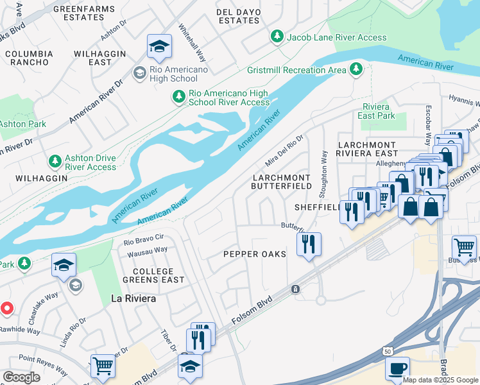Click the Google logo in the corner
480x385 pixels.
click(x=22, y=378)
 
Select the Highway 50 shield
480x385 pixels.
click(x=387, y=351)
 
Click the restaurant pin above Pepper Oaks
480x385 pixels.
click(x=309, y=243)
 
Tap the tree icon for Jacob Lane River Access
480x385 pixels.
click(x=277, y=37)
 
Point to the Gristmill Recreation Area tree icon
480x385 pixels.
click(x=356, y=69)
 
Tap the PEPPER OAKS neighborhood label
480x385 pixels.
click(x=254, y=254)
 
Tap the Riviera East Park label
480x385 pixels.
click(x=376, y=111)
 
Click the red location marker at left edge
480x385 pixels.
click(x=7, y=309)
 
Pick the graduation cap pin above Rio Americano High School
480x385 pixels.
click(x=159, y=46)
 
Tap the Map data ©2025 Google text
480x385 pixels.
click(x=440, y=379)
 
